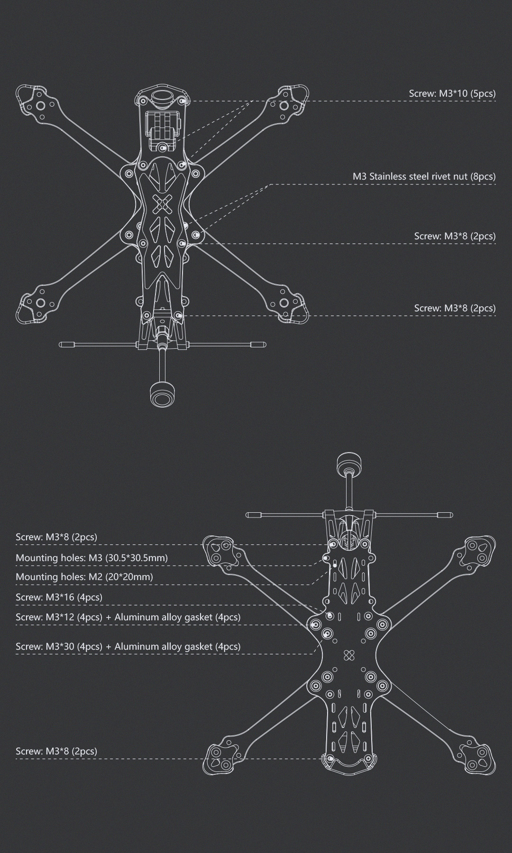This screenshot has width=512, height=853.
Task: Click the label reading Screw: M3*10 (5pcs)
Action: [452, 93]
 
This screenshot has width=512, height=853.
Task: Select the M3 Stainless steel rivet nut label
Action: [424, 176]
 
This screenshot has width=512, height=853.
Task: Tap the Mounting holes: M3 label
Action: [91, 558]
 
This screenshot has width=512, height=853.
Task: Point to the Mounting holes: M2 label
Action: [84, 577]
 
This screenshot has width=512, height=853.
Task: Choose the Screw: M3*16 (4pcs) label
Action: [59, 597]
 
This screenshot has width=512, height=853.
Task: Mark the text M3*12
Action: [60, 617]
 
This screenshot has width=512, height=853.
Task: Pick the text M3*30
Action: [60, 646]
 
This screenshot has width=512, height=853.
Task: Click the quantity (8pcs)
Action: [483, 176]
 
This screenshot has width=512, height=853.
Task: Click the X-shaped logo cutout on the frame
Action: [163, 205]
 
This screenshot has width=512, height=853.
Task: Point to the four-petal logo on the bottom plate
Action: [349, 655]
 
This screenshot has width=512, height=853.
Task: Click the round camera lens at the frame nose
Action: [162, 97]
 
